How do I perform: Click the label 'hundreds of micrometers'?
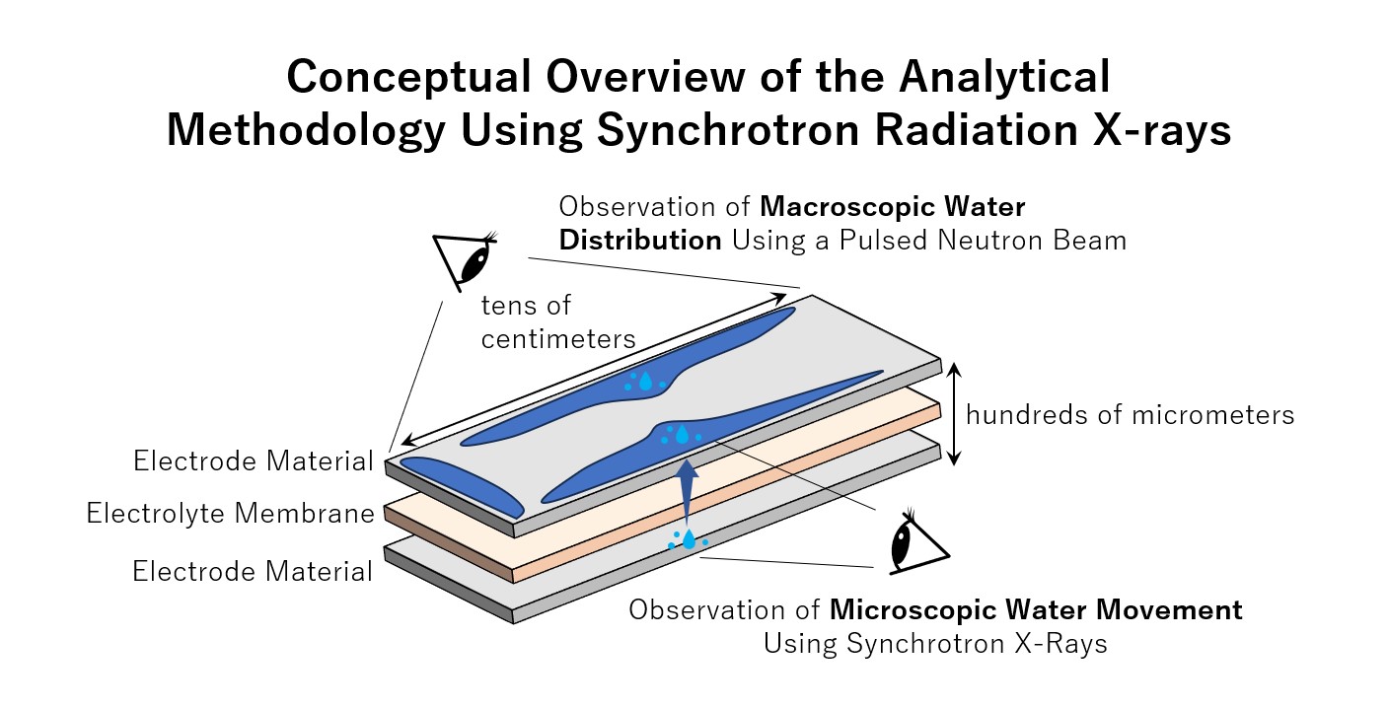pos(1130,415)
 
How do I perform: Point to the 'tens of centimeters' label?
pos(557,322)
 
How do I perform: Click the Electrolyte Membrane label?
pos(230,514)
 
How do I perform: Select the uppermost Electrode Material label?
pos(253,460)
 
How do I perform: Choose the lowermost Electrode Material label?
pos(253,571)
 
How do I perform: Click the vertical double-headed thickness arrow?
pos(953,413)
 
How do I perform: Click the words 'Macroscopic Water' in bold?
pos(893,208)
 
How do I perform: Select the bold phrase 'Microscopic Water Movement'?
pos(1036,609)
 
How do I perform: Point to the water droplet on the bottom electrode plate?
pos(689,539)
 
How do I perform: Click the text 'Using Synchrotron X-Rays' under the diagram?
pos(935,644)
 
